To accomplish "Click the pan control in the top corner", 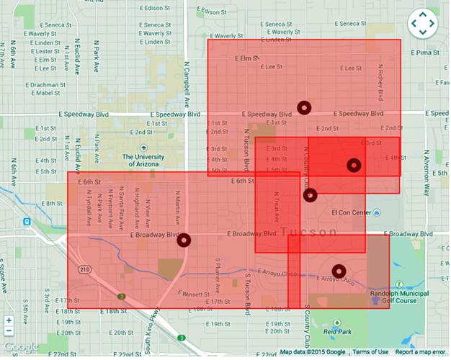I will pyautogui.click(x=422, y=24).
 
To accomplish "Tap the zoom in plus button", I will pyautogui.click(x=9, y=320).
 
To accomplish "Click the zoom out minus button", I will pyautogui.click(x=9, y=332).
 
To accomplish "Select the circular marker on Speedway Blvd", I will pyautogui.click(x=304, y=108).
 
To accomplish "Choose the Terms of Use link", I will pyautogui.click(x=369, y=352).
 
